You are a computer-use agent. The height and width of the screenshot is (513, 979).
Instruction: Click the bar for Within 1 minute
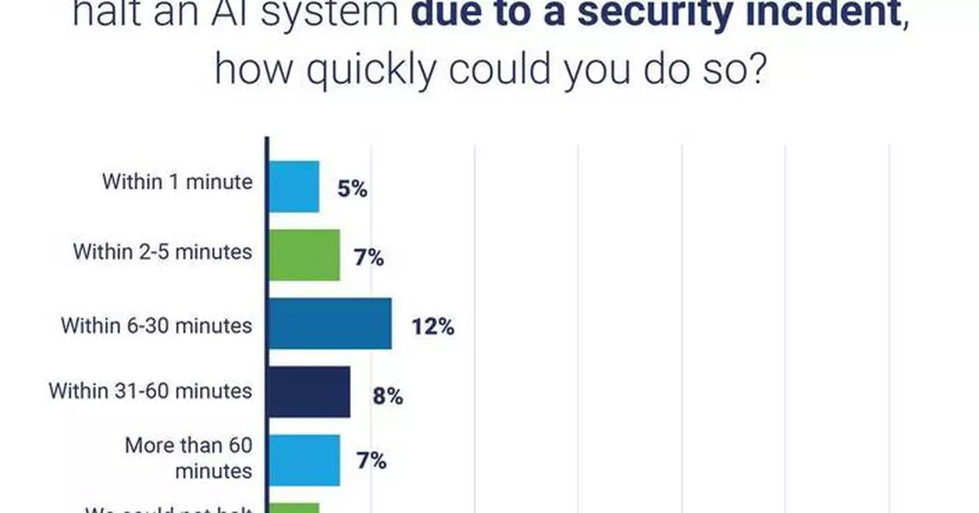[294, 187]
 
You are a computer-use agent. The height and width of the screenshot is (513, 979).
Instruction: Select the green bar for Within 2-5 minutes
[304, 255]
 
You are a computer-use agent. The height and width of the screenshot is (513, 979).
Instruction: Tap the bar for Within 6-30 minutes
[330, 324]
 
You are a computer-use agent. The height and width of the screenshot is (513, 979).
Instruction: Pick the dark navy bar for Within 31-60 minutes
[309, 391]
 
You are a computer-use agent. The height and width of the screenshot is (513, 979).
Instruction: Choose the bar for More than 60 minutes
[304, 460]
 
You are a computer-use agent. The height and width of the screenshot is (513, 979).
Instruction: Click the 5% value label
[352, 190]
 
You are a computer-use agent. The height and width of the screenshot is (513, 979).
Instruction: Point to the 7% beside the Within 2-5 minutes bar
[370, 259]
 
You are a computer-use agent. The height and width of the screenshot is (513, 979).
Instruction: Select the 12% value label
[432, 327]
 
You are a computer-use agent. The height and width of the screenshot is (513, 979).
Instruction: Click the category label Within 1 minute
[177, 182]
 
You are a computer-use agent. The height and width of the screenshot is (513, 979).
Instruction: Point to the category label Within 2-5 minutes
[162, 251]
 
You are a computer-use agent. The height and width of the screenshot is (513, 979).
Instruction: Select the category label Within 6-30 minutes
[157, 325]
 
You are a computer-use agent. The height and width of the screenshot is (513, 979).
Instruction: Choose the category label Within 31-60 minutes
[150, 391]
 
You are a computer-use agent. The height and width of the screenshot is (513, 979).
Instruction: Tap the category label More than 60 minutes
[188, 458]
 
